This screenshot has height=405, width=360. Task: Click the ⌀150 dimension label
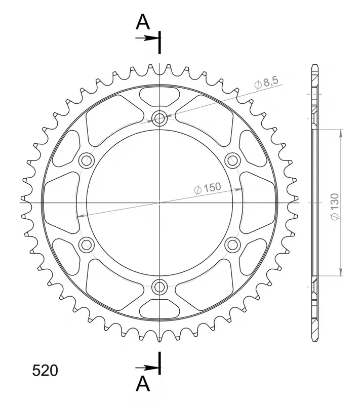tap(208, 188)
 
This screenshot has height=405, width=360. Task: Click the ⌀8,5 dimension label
tap(266, 83)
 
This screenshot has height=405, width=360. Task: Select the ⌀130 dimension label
tap(335, 207)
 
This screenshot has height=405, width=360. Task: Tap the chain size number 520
tap(45, 371)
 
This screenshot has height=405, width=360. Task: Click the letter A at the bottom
tap(143, 384)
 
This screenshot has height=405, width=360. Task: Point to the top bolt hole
tap(159, 118)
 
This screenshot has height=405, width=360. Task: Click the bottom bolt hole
tap(159, 286)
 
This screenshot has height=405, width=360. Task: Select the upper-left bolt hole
tap(87, 160)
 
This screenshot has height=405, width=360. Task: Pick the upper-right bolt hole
tap(232, 160)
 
